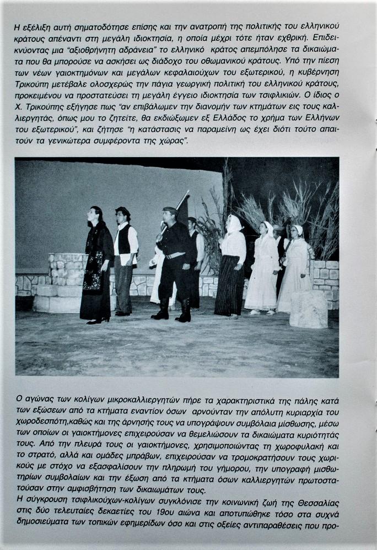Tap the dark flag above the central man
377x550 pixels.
(183, 209)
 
